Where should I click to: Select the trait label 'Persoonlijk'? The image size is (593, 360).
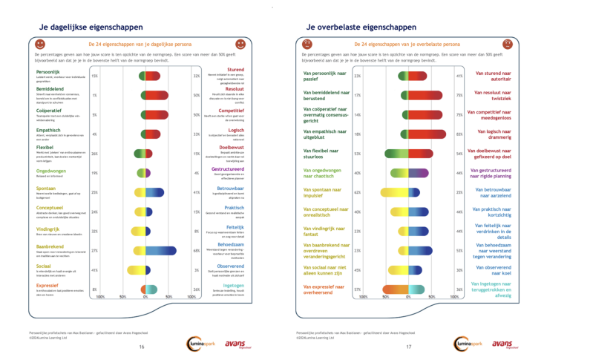pyautogui.click(x=48, y=71)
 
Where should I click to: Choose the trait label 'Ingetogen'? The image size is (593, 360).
pyautogui.click(x=233, y=284)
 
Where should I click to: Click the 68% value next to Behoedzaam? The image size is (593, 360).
pyautogui.click(x=196, y=250)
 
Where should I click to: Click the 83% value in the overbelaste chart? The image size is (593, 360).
pyautogui.click(x=459, y=134)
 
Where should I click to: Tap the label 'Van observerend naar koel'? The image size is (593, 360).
pyautogui.click(x=493, y=270)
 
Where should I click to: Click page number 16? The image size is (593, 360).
pyautogui.click(x=142, y=347)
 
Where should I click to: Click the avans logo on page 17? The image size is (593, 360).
pyautogui.click(x=502, y=344)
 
